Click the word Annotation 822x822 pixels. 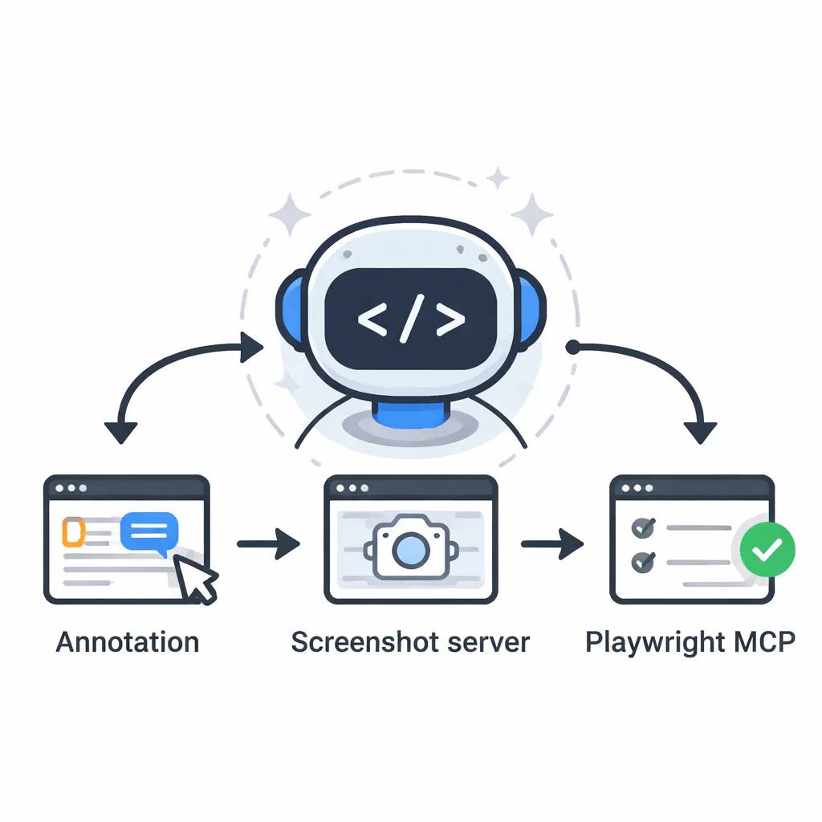click(x=128, y=642)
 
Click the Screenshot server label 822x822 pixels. click(x=410, y=642)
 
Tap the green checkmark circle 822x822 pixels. click(x=767, y=549)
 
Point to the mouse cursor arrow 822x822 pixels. click(x=196, y=578)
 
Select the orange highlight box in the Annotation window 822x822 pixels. click(x=73, y=532)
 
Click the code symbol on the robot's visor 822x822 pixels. click(x=410, y=319)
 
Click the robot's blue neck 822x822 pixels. click(x=410, y=415)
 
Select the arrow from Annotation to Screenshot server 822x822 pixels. click(x=269, y=544)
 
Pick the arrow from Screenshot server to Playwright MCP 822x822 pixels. click(x=552, y=544)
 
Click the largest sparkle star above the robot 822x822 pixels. click(x=531, y=214)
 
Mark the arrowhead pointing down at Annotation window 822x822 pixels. click(x=121, y=431)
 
